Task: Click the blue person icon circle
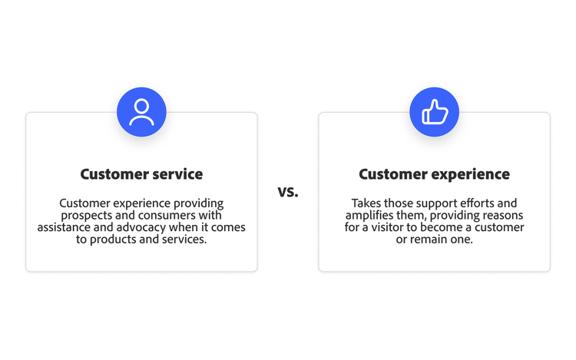pos(141,112)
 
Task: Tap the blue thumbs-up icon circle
pos(434,112)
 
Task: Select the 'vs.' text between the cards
pos(288,191)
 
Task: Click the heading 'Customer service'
pos(141,174)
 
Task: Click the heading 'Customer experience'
pos(434,174)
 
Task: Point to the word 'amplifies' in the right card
pos(367,216)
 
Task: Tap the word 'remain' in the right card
pos(433,239)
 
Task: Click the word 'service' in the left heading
pos(176,174)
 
